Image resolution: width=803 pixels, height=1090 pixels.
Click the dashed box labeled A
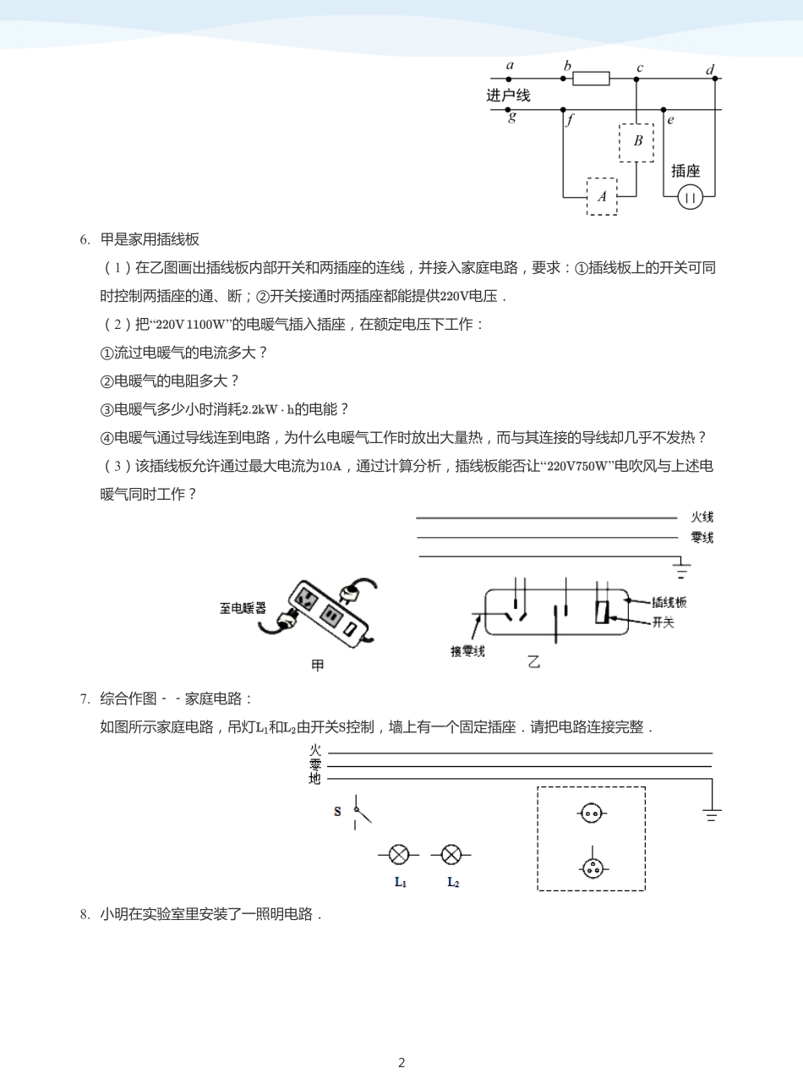602,196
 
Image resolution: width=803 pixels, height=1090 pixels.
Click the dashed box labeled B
636,141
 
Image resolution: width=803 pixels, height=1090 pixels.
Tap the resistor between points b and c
591,79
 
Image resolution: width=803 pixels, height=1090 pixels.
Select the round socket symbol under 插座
691,198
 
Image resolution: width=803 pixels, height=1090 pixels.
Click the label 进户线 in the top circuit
508,96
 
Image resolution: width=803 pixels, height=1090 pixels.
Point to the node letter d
710,70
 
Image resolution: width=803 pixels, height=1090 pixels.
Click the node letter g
512,118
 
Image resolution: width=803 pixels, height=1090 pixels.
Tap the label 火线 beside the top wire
702,517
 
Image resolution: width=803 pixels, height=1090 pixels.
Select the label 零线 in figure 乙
702,537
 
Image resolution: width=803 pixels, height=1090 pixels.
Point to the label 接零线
467,650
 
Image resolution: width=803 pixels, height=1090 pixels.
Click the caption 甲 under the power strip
318,666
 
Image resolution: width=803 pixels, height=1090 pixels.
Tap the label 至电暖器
243,608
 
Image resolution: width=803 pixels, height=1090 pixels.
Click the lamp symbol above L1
399,854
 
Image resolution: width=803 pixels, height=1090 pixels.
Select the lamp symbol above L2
451,854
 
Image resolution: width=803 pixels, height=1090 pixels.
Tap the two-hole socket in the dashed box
592,813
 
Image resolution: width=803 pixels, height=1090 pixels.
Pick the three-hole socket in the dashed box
592,868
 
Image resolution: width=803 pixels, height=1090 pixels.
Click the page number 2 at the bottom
401,1063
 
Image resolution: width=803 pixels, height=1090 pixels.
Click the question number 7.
85,698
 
